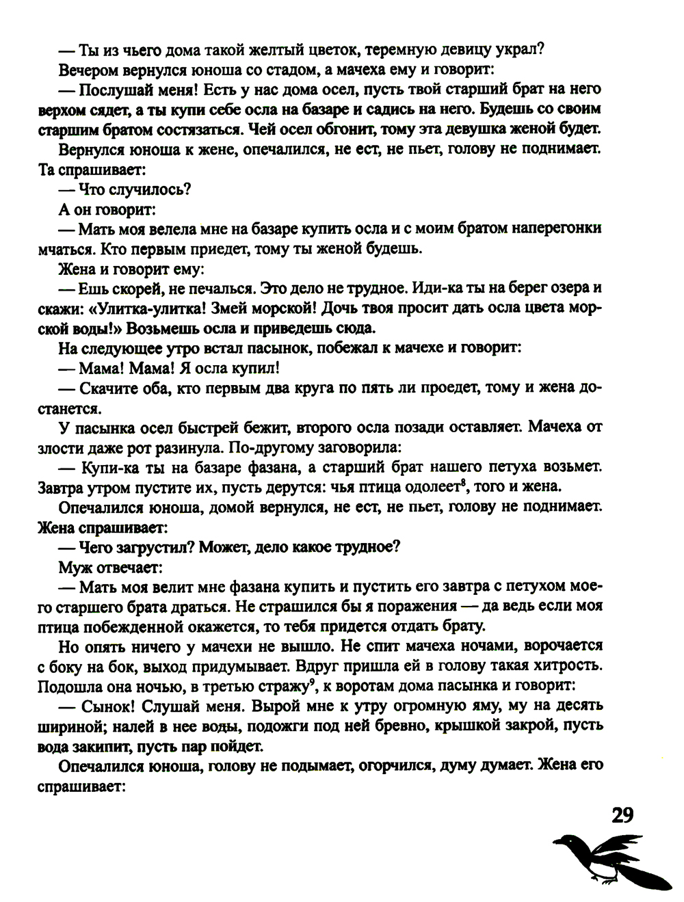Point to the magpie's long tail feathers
[x=646, y=879]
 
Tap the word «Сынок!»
[x=107, y=705]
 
